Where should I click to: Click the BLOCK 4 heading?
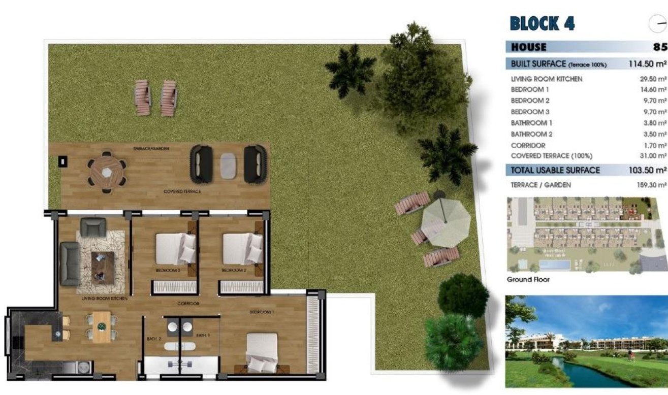point(542,23)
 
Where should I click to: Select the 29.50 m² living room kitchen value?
point(653,79)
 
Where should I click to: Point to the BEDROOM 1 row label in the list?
point(530,90)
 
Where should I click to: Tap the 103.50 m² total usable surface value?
point(646,170)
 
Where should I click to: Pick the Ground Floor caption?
point(528,280)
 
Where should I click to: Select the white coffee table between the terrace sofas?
point(229,165)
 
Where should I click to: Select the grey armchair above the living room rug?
point(93,227)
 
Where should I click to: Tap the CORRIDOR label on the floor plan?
point(187,304)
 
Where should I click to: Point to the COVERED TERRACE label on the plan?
point(182,191)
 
